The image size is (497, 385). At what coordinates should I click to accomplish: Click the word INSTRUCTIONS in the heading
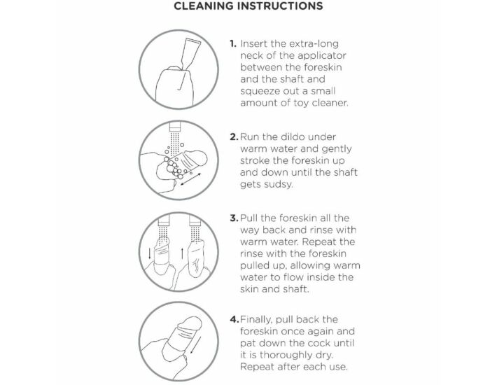coord(279,6)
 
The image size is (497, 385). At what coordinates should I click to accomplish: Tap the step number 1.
coord(233,43)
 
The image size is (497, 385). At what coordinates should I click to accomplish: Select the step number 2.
coord(234,137)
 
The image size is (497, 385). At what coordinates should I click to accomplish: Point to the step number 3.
coord(234,218)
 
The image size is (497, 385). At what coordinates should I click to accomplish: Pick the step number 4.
coord(234,319)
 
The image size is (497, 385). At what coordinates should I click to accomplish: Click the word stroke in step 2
coord(255,160)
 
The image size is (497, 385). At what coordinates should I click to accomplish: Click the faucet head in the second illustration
coord(174,127)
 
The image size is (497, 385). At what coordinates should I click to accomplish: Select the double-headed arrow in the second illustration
coord(190,179)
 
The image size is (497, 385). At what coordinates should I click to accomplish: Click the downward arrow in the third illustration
coord(150,253)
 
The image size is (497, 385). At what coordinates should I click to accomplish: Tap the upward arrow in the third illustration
coord(182,253)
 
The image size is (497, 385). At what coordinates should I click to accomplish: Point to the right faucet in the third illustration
coord(195,220)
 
